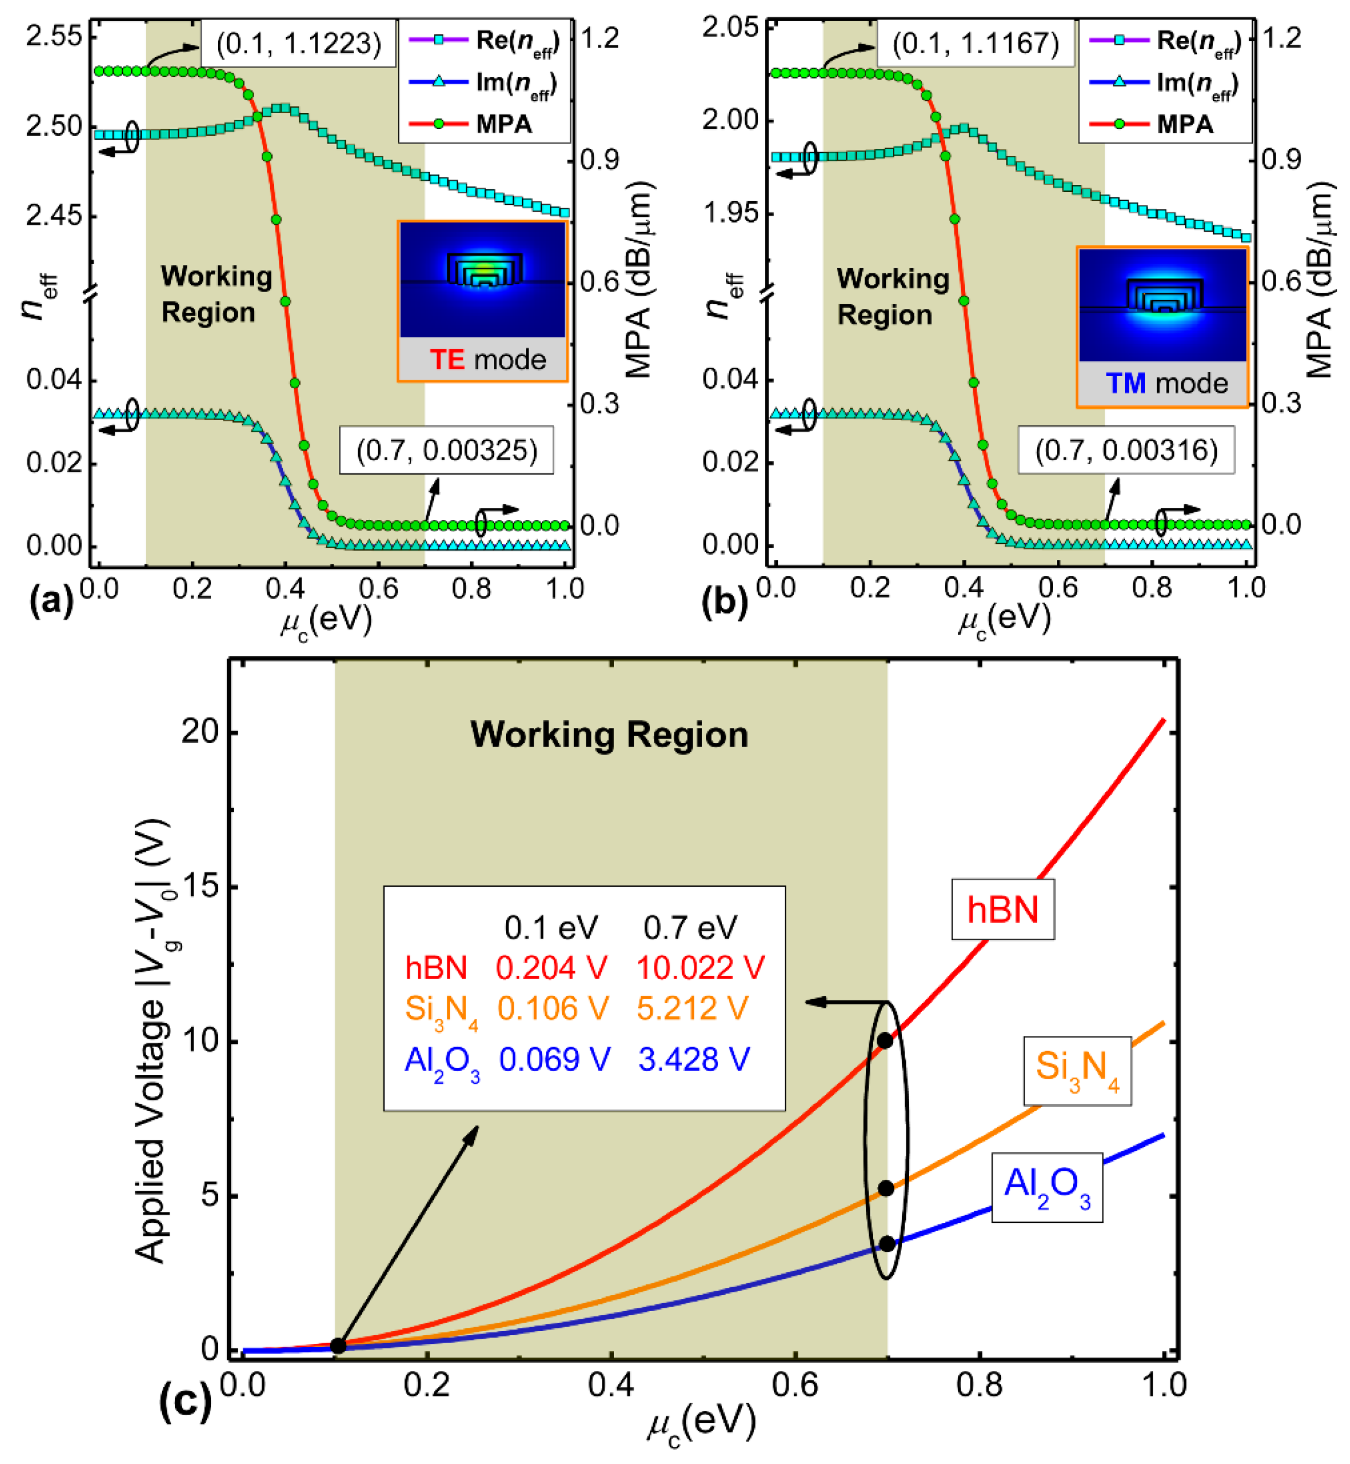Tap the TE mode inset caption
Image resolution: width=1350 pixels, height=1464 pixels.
click(487, 359)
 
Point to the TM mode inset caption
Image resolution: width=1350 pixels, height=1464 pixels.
click(1166, 383)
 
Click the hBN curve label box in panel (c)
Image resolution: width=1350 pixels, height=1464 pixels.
click(1003, 910)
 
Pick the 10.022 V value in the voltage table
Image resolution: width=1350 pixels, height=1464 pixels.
click(700, 968)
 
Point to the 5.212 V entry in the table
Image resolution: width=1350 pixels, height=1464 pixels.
click(692, 1008)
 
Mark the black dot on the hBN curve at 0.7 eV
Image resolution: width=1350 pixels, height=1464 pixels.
click(884, 1040)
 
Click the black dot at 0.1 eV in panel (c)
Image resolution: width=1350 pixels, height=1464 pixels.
click(337, 1346)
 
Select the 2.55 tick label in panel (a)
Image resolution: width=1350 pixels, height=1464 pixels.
click(54, 36)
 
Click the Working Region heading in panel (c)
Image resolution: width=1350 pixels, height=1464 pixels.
click(609, 734)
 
